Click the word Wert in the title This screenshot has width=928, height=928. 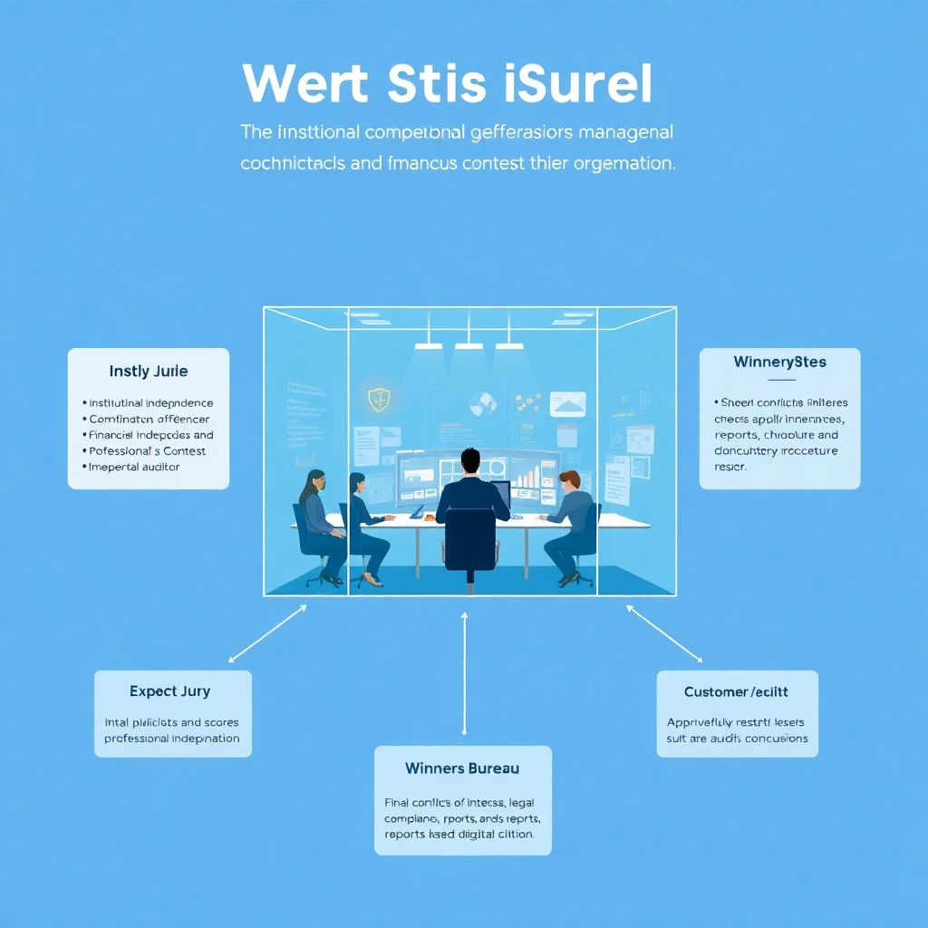304,84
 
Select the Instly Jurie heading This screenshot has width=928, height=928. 149,372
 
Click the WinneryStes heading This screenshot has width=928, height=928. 779,362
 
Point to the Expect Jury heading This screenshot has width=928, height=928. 169,691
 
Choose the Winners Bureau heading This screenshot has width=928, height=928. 462,768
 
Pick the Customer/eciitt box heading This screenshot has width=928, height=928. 736,692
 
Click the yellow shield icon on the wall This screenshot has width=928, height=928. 378,397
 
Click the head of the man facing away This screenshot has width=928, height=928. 469,462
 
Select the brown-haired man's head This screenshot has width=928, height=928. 569,481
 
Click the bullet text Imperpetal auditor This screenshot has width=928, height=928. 134,468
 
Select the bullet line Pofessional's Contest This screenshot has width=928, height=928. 147,451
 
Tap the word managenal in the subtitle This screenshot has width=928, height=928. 626,132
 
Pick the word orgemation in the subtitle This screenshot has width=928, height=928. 622,165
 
